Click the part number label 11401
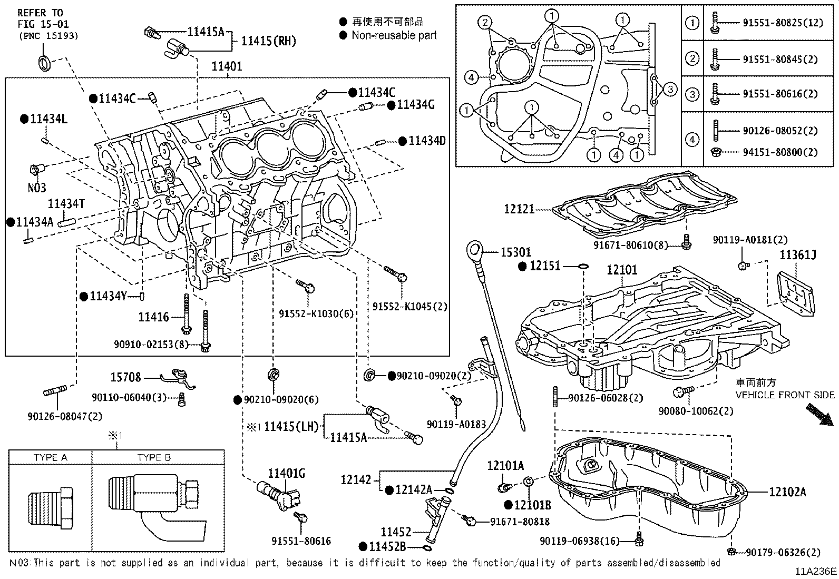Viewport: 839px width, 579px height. pyautogui.click(x=227, y=66)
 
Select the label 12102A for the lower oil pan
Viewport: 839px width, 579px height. pyautogui.click(x=787, y=492)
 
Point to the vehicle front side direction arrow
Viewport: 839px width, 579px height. pyautogui.click(x=820, y=415)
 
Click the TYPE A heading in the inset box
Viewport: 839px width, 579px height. pyautogui.click(x=50, y=457)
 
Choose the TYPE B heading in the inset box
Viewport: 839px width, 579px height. pyautogui.click(x=154, y=457)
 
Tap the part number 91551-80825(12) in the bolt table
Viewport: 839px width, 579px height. pyautogui.click(x=783, y=23)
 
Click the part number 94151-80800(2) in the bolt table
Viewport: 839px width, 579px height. pyautogui.click(x=781, y=152)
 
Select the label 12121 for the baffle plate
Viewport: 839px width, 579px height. pyautogui.click(x=519, y=209)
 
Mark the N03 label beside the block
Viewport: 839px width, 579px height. pyautogui.click(x=37, y=187)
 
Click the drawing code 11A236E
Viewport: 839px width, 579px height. pyautogui.click(x=816, y=572)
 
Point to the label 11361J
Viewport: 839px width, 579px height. pyautogui.click(x=798, y=255)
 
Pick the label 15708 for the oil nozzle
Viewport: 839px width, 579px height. pyautogui.click(x=125, y=377)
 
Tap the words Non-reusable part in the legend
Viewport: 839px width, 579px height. pyautogui.click(x=394, y=35)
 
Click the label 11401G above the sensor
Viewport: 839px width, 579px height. pyautogui.click(x=287, y=474)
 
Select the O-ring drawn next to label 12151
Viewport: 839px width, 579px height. pyautogui.click(x=583, y=266)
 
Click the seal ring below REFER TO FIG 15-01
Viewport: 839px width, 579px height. pyautogui.click(x=45, y=63)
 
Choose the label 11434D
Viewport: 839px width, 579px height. pyautogui.click(x=427, y=141)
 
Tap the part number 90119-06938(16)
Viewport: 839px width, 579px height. pyautogui.click(x=579, y=541)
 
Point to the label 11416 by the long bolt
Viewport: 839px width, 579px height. pyautogui.click(x=153, y=317)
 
